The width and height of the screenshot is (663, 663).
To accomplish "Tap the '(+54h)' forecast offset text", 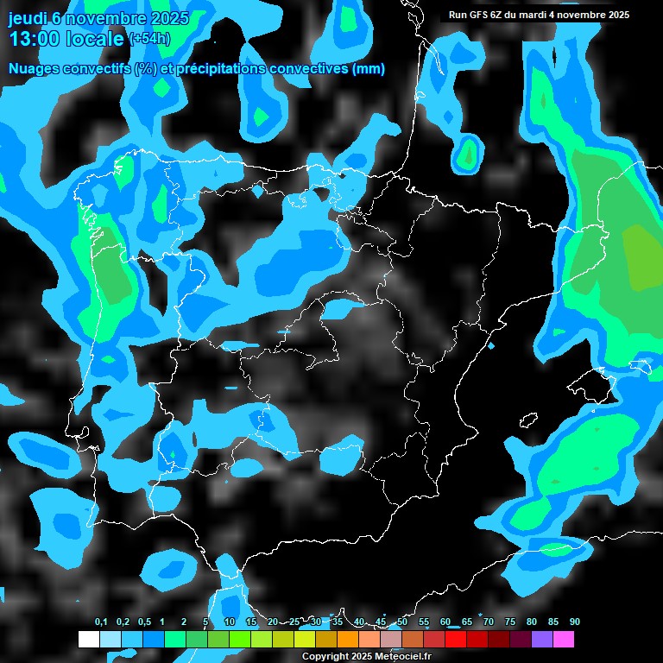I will [x=149, y=39].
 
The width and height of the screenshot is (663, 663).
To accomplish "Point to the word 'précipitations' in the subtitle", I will [x=220, y=69].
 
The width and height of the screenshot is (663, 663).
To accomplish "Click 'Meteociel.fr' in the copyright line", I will [x=400, y=656].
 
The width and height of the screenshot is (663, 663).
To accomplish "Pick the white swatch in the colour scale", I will [x=89, y=640].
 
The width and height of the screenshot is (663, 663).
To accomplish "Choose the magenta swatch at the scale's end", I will [x=564, y=640].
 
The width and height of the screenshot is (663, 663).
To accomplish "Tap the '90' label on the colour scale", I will [x=574, y=622].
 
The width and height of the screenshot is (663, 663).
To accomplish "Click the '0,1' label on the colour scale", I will [x=100, y=622].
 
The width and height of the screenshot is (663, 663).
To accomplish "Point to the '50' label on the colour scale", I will [x=402, y=622].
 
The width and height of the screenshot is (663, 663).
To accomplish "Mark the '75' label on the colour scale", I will [x=510, y=622].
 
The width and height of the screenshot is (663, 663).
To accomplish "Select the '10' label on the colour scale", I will [x=230, y=622].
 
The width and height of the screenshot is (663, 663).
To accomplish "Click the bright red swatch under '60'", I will [x=456, y=640].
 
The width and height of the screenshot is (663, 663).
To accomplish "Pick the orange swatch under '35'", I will [x=348, y=640].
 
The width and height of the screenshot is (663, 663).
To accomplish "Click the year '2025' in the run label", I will [x=616, y=15].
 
